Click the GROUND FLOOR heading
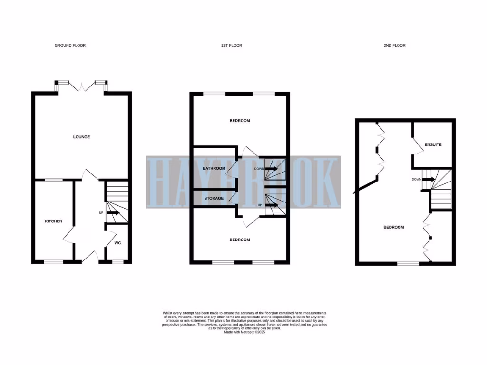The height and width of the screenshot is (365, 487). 70,46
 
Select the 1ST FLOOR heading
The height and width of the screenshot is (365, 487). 232,46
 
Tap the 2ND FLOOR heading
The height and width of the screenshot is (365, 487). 394,46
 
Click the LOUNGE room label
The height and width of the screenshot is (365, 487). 81,137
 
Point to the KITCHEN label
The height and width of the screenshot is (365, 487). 53,221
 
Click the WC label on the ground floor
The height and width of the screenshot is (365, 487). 118,243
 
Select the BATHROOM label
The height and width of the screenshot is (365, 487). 214,168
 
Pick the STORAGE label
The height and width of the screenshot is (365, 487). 214,198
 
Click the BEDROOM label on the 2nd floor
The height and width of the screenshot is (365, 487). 393,227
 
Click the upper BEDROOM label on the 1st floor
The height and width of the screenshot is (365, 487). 240,121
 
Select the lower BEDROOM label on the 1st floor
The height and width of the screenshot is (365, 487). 240,240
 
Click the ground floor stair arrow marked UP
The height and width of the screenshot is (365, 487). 113,213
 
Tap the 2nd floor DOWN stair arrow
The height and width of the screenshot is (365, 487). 428,179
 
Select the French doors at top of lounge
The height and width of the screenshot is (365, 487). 82,86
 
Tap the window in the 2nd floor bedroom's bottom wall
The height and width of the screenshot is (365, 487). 406,263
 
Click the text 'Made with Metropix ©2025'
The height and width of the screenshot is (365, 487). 244,332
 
